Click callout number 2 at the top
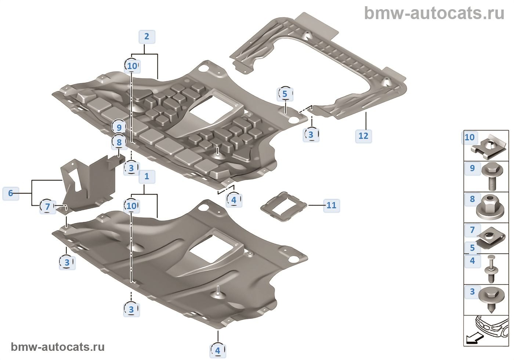147,37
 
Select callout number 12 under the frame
363,136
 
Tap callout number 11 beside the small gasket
332,205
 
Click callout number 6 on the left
11,193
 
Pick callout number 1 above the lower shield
147,177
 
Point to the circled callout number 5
285,94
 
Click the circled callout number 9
119,127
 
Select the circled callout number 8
119,142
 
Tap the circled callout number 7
47,206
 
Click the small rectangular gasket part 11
283,206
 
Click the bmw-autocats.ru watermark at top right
434,14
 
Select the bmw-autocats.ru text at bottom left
58,347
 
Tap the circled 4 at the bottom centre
218,350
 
